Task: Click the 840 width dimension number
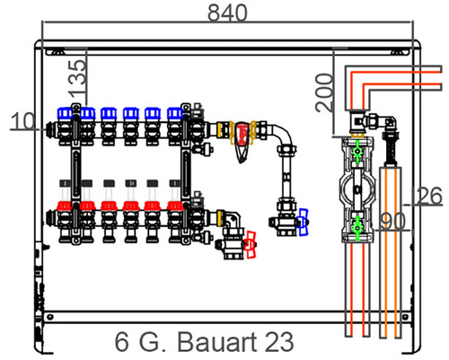click(x=227, y=13)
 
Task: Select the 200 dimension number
click(x=325, y=92)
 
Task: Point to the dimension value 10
click(x=22, y=121)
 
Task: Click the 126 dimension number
click(x=427, y=196)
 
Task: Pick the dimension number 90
click(x=392, y=222)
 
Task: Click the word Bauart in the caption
click(x=217, y=342)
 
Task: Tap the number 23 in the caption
click(x=279, y=342)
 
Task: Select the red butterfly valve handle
click(x=251, y=244)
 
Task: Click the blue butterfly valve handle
click(x=304, y=222)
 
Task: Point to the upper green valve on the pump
click(x=357, y=152)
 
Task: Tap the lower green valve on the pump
click(x=357, y=228)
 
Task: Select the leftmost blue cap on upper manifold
click(x=65, y=113)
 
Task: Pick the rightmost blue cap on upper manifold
click(x=175, y=113)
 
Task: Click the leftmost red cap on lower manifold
click(x=65, y=206)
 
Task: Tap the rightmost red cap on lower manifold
click(x=175, y=206)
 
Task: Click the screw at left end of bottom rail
click(x=50, y=317)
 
